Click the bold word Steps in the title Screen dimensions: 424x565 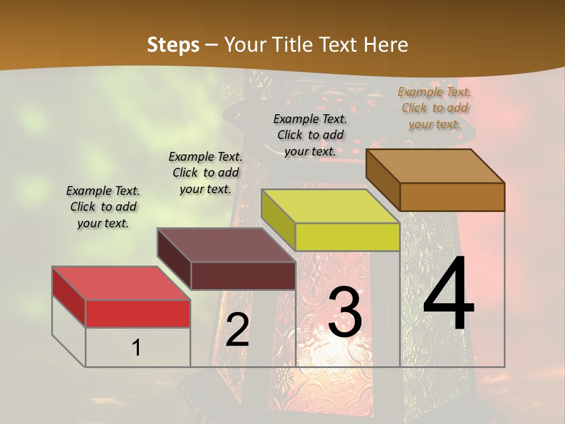tap(173, 45)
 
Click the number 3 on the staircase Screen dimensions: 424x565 tap(345, 312)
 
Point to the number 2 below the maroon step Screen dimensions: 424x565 tap(237, 330)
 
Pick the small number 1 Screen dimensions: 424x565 tap(137, 347)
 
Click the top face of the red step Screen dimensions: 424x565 tap(121, 283)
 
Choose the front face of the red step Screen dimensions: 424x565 tap(138, 313)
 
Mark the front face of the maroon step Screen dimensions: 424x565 tap(243, 276)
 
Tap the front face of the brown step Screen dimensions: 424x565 tap(452, 197)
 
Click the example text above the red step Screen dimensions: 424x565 tap(103, 207)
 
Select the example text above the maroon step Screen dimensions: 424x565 tap(205, 173)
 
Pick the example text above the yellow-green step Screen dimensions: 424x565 tap(310, 135)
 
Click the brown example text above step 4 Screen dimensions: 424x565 tap(434, 108)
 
